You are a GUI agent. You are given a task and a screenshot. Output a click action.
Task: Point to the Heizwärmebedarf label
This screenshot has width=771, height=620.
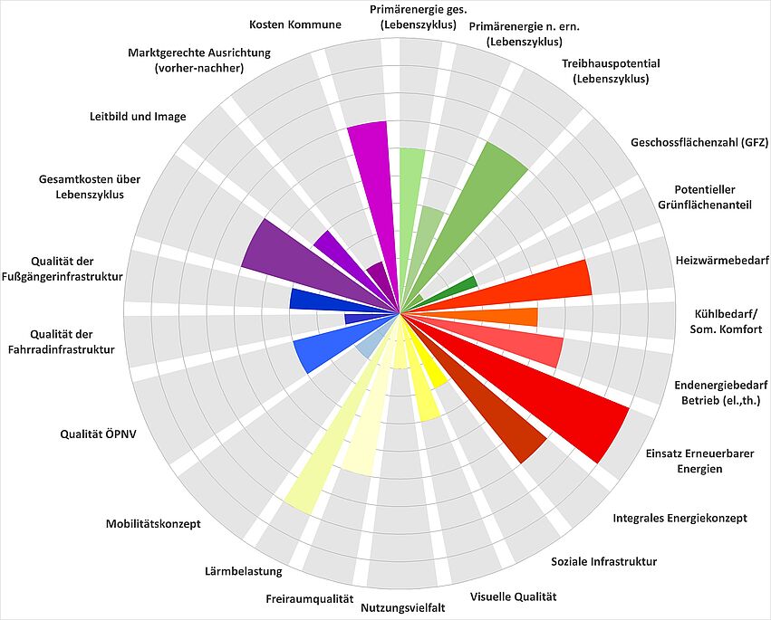[722, 261]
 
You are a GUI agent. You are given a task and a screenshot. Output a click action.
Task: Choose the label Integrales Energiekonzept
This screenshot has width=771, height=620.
[679, 519]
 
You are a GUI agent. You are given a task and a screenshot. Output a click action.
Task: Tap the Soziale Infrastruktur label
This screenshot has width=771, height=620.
[603, 562]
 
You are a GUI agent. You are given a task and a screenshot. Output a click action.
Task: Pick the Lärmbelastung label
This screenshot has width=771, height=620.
[243, 571]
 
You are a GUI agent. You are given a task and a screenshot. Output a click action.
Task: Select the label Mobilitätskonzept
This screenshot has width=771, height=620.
[153, 524]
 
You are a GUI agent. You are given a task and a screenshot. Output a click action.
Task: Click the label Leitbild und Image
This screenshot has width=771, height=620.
[138, 116]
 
